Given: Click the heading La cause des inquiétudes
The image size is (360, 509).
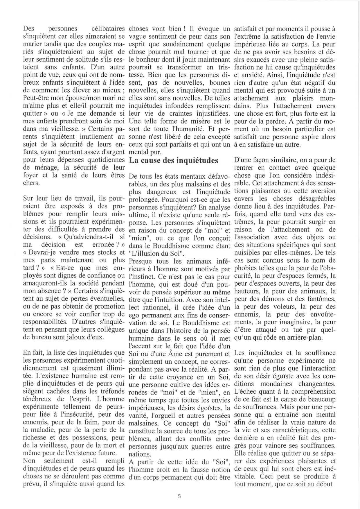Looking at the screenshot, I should (x=173, y=160).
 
